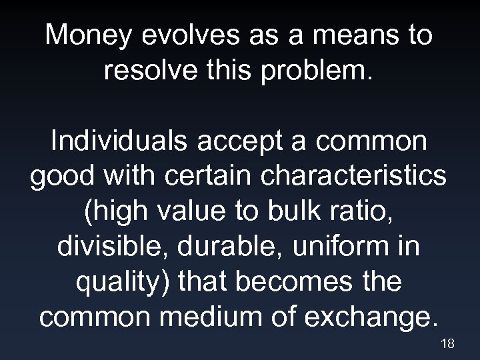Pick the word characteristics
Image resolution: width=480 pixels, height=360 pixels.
point(352,177)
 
